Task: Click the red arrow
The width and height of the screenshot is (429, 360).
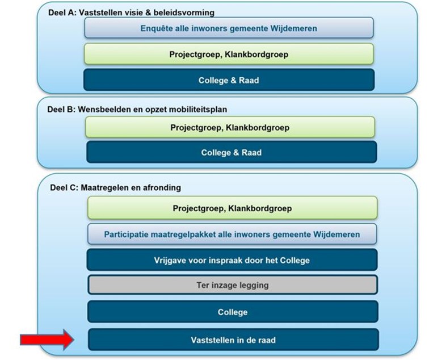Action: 47,340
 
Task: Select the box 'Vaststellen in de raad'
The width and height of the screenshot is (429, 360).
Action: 233,340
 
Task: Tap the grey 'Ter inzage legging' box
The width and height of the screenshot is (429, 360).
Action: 233,285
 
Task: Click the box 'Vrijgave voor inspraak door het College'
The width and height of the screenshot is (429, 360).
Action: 232,260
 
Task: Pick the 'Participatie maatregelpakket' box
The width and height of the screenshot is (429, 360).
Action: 232,234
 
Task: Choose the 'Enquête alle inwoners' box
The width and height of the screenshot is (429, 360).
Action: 229,28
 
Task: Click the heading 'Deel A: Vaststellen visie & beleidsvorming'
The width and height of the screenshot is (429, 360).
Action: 131,12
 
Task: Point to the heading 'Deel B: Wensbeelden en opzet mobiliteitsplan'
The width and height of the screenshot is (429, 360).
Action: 137,109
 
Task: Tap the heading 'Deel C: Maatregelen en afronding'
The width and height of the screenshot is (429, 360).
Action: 115,187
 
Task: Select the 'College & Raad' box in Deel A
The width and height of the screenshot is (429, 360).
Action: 229,80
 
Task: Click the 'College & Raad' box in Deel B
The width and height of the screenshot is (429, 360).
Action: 232,152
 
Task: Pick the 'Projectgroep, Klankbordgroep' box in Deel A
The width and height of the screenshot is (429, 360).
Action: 229,54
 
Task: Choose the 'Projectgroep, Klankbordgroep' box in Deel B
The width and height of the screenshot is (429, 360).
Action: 230,127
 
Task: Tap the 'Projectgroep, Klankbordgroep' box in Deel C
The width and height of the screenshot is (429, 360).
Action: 232,208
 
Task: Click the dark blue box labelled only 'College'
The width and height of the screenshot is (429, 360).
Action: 233,312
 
